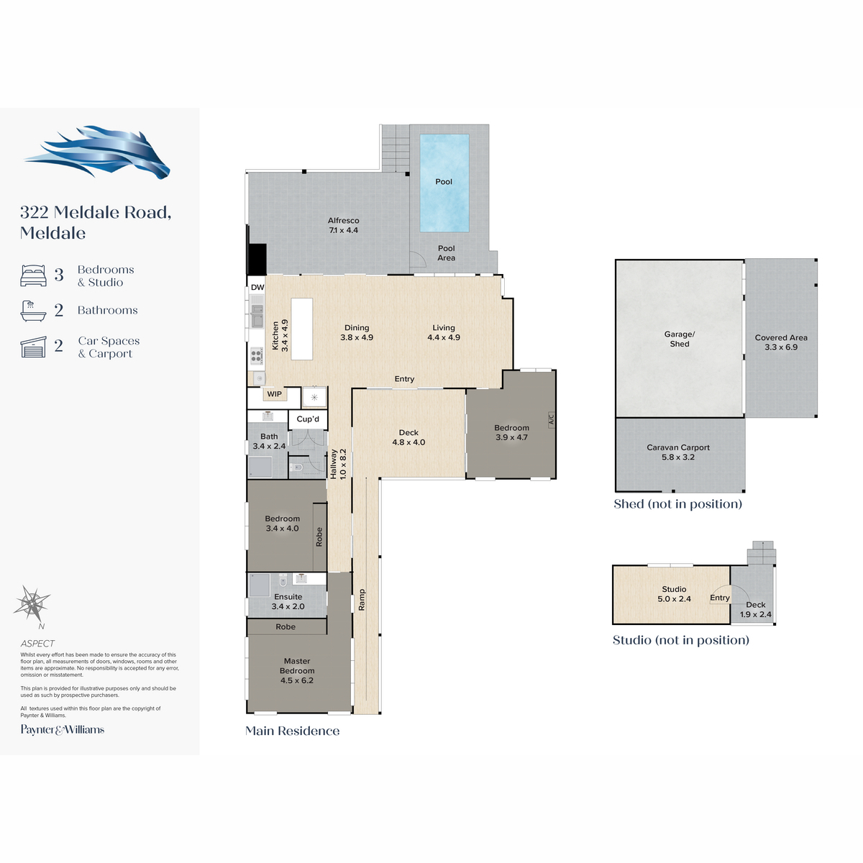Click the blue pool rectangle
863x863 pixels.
[444, 183]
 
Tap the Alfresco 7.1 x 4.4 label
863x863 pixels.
[343, 225]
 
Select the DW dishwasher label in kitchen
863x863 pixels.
[257, 287]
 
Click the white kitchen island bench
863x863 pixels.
[302, 329]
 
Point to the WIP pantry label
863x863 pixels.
[274, 394]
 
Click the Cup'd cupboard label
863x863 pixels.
[308, 419]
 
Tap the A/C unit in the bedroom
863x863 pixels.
[552, 419]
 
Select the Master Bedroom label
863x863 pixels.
[297, 670]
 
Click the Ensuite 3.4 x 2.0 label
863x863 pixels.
[288, 601]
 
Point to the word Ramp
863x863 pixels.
[362, 600]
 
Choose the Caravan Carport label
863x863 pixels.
[678, 452]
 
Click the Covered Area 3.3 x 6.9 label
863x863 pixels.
[781, 342]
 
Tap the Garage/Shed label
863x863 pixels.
[680, 339]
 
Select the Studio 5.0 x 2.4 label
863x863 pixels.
[674, 594]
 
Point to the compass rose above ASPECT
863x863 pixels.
[32, 603]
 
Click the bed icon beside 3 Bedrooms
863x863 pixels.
[33, 275]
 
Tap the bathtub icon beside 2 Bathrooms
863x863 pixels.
[33, 311]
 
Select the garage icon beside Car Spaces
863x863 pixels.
[33, 347]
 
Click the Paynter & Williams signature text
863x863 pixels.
[63, 729]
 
